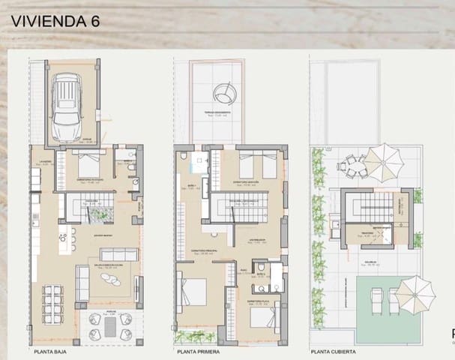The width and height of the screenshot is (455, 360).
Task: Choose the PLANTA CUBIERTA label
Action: pos(334,350)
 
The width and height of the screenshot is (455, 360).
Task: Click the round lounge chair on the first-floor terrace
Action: pos(223,92)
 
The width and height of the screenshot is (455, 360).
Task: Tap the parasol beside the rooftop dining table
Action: pos(387,157)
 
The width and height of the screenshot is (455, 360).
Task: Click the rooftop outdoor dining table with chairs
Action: pos(352,165)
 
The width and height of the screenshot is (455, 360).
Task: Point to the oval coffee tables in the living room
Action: pos(111,279)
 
